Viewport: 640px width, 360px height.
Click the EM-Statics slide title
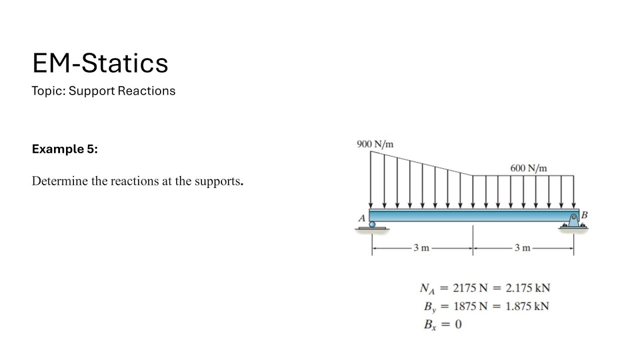[100, 63]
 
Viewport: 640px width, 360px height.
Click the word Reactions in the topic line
[146, 91]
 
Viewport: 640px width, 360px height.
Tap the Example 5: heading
[65, 149]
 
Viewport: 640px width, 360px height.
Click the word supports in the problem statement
[219, 181]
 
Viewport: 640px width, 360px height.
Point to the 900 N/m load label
[375, 144]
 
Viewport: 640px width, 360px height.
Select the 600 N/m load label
[528, 168]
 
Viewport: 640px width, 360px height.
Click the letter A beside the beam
[361, 218]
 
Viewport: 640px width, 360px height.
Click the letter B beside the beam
[584, 214]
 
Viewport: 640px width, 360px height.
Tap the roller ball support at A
[372, 224]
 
